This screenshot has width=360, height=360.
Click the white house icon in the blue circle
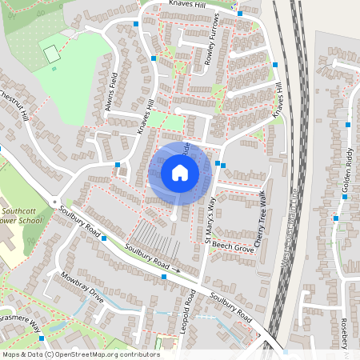point(179,173)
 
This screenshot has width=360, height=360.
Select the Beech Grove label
point(234,250)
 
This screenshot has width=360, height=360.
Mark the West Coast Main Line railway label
point(283,226)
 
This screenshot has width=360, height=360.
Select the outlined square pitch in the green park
point(52,55)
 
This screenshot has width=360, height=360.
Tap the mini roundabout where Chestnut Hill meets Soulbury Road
point(54,202)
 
